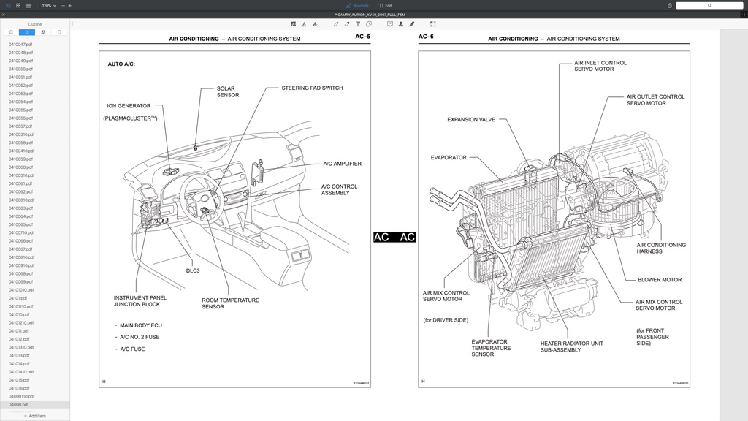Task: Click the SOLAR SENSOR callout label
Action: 226,92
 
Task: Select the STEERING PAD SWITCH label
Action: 312,88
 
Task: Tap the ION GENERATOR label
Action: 129,106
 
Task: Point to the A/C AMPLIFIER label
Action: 342,164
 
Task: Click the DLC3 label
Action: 193,270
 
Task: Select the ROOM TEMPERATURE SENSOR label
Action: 230,303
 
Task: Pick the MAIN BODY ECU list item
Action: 140,325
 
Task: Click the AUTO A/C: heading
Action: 121,64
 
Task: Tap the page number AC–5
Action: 362,37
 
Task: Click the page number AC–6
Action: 426,37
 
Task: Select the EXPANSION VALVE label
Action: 471,120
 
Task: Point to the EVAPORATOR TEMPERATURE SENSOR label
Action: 491,348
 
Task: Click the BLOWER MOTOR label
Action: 660,280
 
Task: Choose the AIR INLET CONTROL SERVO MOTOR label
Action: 600,66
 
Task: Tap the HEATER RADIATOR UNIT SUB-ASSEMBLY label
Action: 571,346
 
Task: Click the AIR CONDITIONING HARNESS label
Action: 661,248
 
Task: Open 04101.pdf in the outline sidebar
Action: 18,298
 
